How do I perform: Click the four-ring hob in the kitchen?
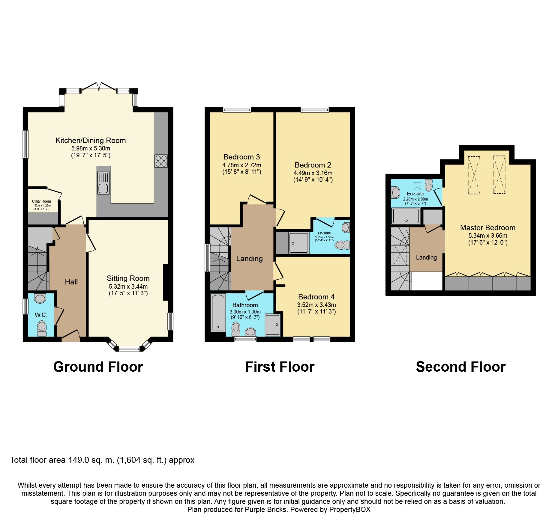coord(161,161)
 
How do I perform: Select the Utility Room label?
coord(41,201)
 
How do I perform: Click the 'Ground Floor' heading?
coord(98,367)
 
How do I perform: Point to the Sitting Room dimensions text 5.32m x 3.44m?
coord(128,287)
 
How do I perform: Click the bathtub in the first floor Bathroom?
coord(218,313)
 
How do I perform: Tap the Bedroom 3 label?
coord(241,157)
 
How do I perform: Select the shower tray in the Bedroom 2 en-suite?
coord(299,242)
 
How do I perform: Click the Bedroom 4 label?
coord(316,297)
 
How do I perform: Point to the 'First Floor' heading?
coord(280,367)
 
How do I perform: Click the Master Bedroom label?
coord(487,228)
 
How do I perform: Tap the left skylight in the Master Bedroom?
coord(474,175)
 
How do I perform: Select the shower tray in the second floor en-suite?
coord(406,216)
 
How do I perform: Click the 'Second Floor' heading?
coord(460,367)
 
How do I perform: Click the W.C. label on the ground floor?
coord(41,315)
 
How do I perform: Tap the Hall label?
coord(71,282)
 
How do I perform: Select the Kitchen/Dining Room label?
coord(91,141)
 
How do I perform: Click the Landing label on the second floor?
coord(426,257)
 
